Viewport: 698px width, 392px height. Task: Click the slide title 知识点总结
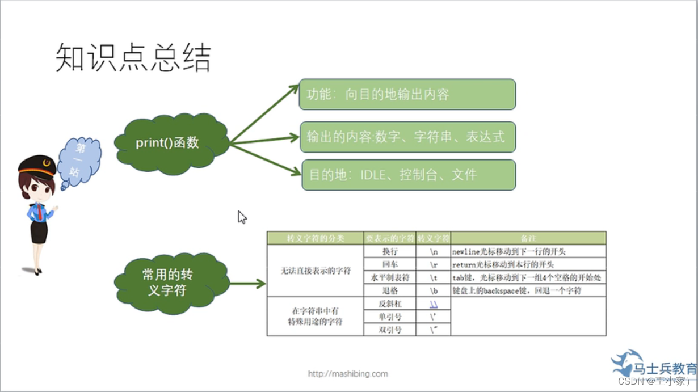133,58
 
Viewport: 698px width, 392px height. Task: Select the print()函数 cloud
168,142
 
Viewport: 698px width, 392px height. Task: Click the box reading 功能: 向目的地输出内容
407,94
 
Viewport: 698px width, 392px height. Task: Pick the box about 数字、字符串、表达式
407,137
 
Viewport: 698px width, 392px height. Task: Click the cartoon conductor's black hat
37,165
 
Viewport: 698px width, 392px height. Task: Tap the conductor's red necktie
39,213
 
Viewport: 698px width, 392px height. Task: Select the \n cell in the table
433,251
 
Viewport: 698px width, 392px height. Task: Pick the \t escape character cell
433,278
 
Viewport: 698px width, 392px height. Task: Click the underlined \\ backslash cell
433,304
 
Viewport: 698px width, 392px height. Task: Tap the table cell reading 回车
390,264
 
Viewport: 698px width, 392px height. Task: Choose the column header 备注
528,238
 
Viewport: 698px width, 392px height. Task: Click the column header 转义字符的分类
315,238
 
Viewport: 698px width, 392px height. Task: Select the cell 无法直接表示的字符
315,271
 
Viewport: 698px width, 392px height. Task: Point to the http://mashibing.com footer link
348,374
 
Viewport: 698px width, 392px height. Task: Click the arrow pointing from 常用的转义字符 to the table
248,284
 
